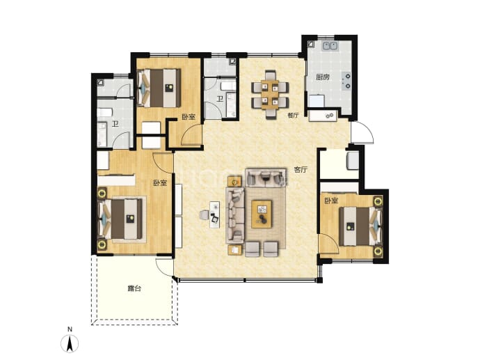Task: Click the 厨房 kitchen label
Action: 323,77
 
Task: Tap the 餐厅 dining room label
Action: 293,116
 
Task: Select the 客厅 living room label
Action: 301,170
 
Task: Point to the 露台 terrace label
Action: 134,288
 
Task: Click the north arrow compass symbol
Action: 70,343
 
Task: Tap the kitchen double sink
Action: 330,46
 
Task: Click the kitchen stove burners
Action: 347,81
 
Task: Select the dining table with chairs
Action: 270,95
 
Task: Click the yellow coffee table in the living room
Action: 262,214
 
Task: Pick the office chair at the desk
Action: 204,214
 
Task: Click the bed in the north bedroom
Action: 159,88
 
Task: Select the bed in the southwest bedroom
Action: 120,219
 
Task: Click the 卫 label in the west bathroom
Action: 115,124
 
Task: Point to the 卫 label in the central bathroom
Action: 220,99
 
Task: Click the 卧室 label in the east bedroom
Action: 331,201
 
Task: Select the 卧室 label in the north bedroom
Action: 189,117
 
